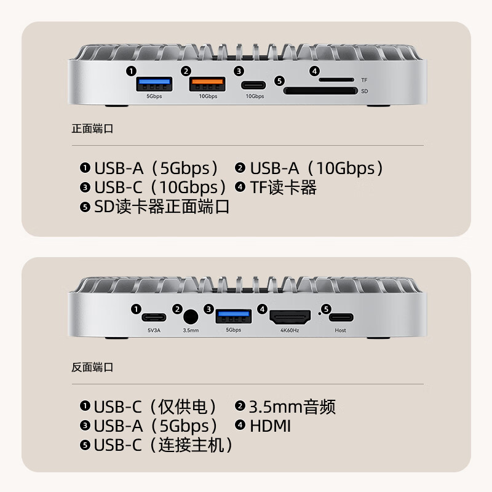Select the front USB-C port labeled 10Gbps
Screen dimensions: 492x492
point(255,85)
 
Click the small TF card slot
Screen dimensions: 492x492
point(336,80)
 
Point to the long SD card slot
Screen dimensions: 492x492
point(320,91)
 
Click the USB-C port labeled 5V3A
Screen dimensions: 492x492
point(154,318)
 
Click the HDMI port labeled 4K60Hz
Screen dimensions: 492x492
point(291,318)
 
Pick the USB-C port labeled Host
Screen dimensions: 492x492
point(341,318)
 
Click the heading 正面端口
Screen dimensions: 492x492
point(92,129)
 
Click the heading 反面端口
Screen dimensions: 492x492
point(92,367)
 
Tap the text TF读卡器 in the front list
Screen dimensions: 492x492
point(283,187)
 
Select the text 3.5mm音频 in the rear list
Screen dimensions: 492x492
point(292,407)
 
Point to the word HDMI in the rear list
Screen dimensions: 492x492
point(270,426)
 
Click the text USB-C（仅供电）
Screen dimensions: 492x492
point(156,407)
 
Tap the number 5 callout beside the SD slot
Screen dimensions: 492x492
point(279,81)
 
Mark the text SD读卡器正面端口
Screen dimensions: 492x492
point(162,207)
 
